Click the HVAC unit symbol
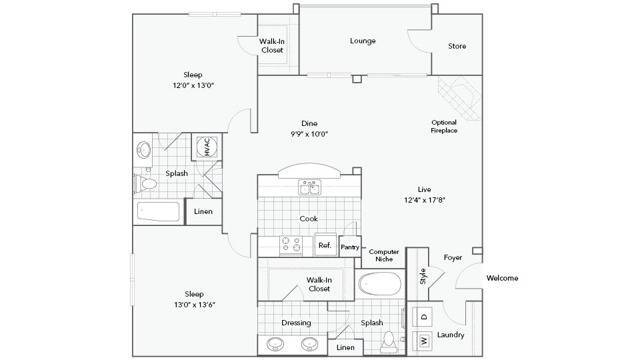pos(207,147)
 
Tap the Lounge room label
pos(362,41)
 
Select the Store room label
pos(457,46)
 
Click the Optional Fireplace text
pos(444,126)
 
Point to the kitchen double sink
pos(309,188)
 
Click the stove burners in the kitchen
pos(291,244)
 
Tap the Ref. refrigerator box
pos(325,244)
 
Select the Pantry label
pos(350,247)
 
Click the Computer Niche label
pos(384,255)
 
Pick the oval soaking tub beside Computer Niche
pos(380,284)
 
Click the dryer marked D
pos(422,317)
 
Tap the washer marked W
pos(422,341)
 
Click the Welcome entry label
pos(502,278)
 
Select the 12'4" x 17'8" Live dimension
pos(424,200)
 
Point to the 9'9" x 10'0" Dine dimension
pos(309,134)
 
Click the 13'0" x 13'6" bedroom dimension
pos(195,304)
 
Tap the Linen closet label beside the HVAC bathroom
pos(203,211)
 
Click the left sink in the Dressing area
pos(276,344)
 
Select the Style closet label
pos(422,276)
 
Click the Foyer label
pos(453,258)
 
